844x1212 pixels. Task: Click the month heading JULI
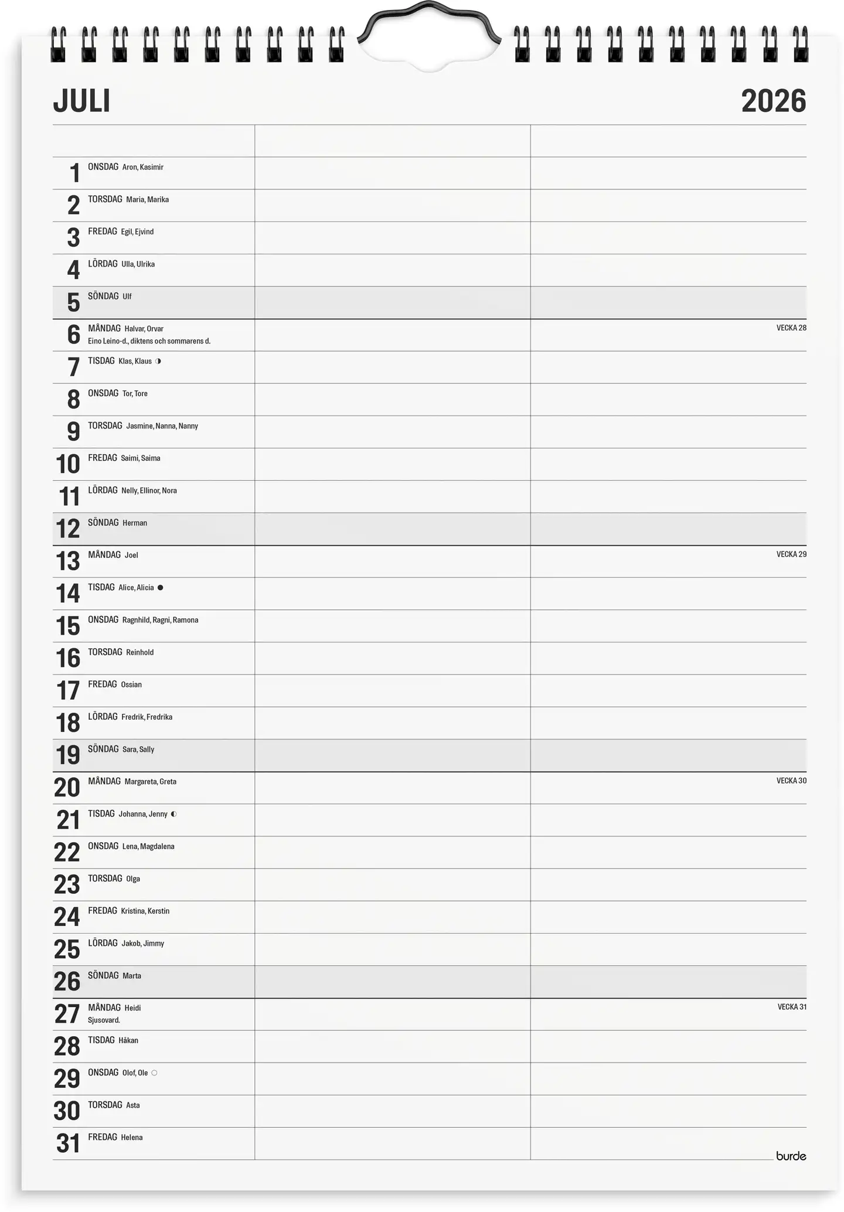(81, 101)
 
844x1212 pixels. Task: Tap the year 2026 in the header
(773, 101)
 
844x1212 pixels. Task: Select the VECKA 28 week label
(791, 328)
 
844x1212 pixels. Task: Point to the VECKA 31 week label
(791, 1007)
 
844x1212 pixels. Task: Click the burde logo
(791, 1156)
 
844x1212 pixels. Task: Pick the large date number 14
(67, 593)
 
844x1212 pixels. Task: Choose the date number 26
(67, 981)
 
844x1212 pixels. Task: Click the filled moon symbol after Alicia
(161, 587)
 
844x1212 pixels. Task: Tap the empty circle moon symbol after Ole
(154, 1073)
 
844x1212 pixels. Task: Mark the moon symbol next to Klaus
(158, 361)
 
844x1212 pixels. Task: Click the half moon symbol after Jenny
(174, 814)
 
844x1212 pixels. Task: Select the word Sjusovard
(104, 1020)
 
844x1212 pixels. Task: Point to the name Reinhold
(139, 652)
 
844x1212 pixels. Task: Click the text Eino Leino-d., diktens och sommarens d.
(149, 341)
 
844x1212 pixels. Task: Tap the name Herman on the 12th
(135, 523)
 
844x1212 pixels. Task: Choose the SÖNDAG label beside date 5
(103, 297)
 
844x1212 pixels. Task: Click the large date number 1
(74, 173)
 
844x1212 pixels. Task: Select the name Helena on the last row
(132, 1138)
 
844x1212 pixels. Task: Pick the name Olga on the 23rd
(133, 879)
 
